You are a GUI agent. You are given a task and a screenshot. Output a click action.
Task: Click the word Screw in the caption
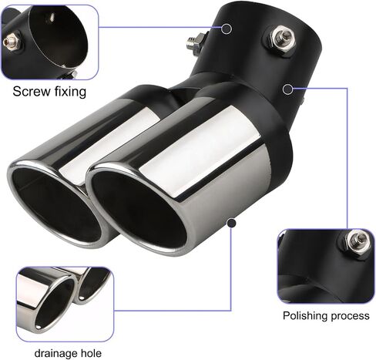pyautogui.click(x=32, y=92)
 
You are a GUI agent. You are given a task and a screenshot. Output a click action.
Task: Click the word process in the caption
pyautogui.click(x=351, y=317)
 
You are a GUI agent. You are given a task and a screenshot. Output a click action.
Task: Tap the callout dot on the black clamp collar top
pyautogui.click(x=227, y=29)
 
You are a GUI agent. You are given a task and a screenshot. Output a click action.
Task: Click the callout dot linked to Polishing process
pyautogui.click(x=287, y=89)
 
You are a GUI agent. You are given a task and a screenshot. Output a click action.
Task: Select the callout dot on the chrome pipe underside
pyautogui.click(x=232, y=223)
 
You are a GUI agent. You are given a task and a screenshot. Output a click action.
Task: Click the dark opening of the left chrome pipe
pyautogui.click(x=56, y=205)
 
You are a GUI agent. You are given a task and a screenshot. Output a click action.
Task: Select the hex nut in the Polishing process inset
pyautogui.click(x=356, y=241)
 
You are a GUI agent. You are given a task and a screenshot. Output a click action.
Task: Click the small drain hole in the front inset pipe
pyautogui.click(x=39, y=327)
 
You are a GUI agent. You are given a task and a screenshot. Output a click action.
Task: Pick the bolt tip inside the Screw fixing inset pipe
pyautogui.click(x=52, y=18)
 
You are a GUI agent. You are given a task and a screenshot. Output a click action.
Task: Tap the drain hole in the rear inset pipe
pyautogui.click(x=82, y=298)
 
